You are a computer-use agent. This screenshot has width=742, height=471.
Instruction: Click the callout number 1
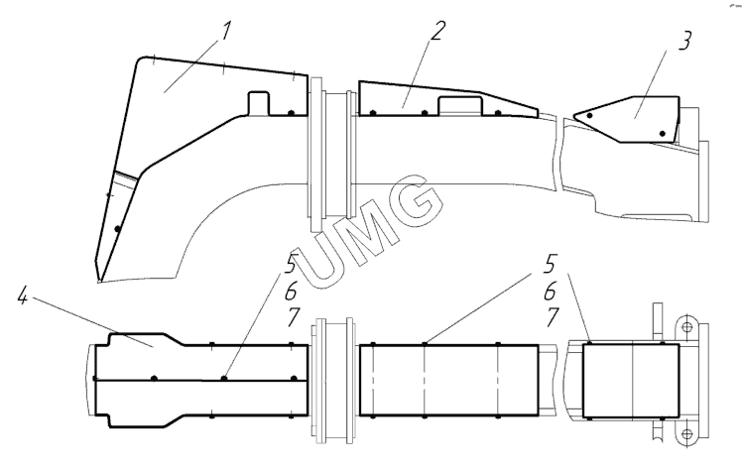(x=226, y=32)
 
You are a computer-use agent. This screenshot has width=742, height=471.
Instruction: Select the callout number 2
(x=437, y=31)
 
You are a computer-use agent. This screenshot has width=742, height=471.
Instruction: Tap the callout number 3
(x=684, y=41)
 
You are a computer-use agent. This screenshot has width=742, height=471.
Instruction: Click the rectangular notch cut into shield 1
(x=258, y=102)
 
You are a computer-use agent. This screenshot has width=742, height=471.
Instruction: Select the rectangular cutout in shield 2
(x=461, y=106)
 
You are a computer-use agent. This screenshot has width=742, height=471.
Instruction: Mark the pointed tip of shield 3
(x=573, y=115)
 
